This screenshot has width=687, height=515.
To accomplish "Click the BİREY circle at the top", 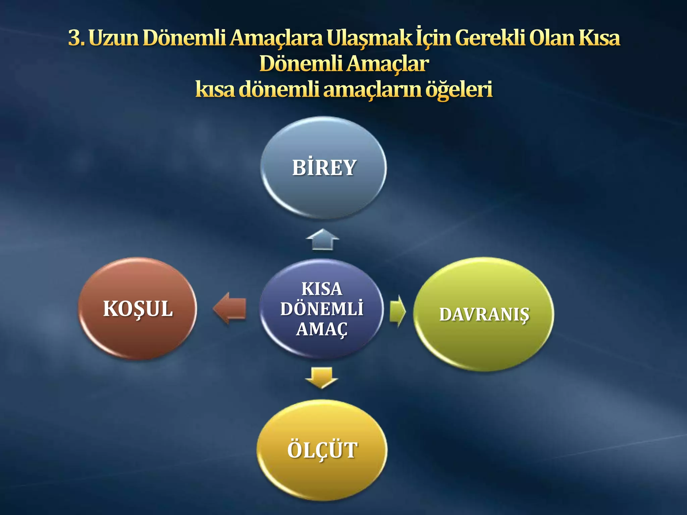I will coord(323,168).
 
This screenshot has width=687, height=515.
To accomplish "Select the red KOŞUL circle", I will coord(138,308).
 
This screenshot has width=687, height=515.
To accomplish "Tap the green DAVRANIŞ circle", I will coord(484,314).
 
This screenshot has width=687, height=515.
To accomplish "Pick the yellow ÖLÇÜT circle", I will coord(322,450).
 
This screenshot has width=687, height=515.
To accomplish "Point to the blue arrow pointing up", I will coord(323,239).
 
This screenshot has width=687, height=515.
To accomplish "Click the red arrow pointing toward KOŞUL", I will coord(230,308).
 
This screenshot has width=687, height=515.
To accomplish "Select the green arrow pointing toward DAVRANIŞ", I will coord(398,311).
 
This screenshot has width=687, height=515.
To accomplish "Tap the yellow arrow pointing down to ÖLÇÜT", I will coord(321,378).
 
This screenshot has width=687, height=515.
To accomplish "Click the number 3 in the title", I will coord(75,38).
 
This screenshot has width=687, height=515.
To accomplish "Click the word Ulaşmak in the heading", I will coord(369,38).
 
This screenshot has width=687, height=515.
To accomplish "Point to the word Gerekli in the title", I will coord(489,38).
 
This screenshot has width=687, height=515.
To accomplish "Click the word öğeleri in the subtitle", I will coord(459,90).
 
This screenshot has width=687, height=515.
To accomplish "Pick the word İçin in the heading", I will coord(433,38).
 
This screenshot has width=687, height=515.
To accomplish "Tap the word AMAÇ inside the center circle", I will coord(321,329).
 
